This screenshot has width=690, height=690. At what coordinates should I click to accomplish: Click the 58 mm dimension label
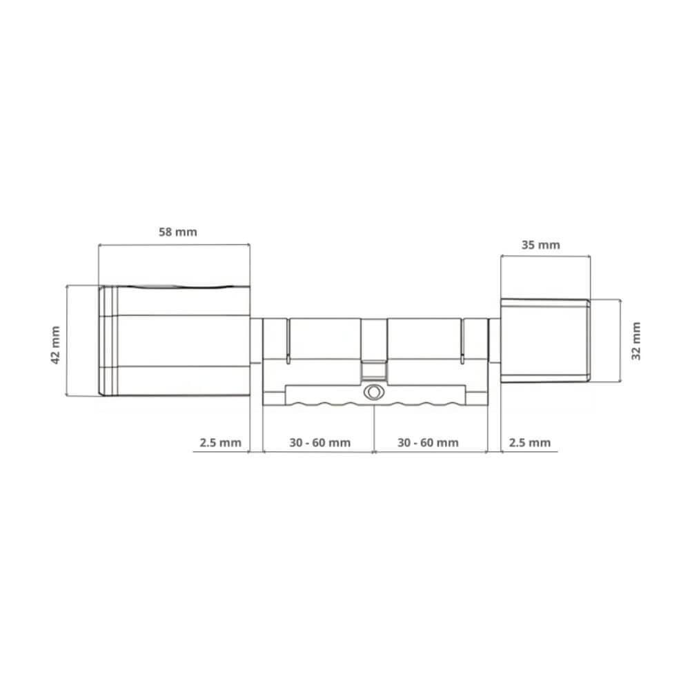click(178, 232)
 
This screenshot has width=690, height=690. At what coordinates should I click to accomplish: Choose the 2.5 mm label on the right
click(529, 442)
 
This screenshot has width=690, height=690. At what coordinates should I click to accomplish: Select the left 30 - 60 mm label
click(319, 442)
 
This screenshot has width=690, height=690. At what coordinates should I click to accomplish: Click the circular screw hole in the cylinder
click(373, 391)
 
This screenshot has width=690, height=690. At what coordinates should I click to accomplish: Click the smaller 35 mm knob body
click(542, 339)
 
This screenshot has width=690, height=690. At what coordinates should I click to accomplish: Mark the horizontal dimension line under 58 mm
click(172, 244)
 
